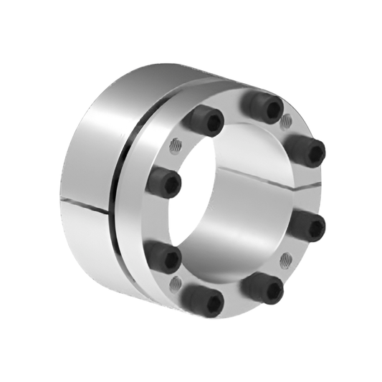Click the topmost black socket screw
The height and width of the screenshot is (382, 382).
tap(262, 108)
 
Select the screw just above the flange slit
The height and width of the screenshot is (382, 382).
tap(307, 151)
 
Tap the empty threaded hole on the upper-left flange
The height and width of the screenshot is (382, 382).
tap(175, 146)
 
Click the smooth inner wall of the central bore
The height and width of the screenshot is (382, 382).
tap(237, 215)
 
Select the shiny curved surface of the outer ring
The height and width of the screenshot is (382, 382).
tap(108, 143)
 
